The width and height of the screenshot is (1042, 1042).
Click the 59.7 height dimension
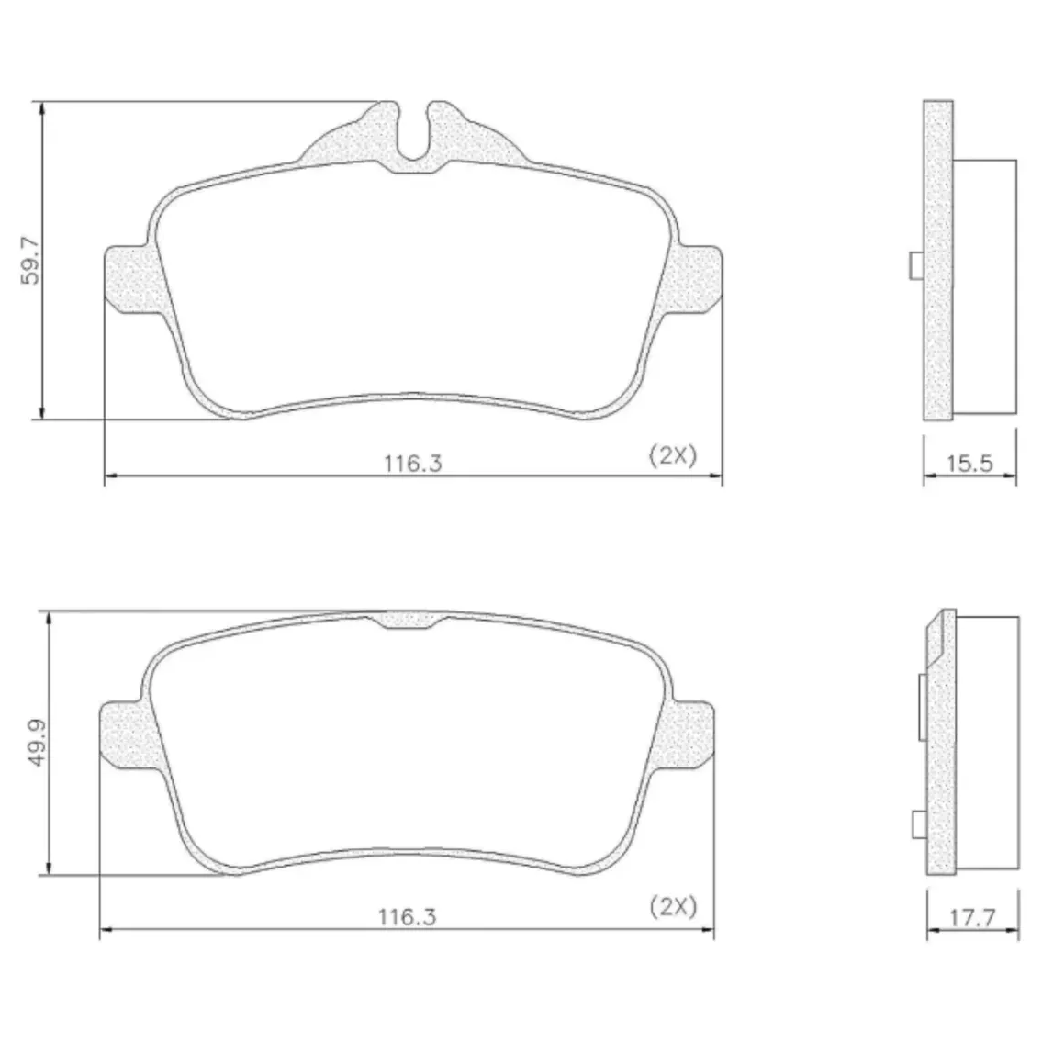[x=30, y=261]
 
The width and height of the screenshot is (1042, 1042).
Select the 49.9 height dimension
[x=38, y=743]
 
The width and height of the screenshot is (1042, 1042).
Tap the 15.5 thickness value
[x=969, y=464]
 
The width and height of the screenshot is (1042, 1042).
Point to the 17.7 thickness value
[x=972, y=918]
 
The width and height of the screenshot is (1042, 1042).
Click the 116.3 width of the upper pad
[x=413, y=464]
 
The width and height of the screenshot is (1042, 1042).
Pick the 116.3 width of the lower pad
[x=408, y=917]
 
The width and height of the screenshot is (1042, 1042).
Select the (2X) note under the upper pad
[x=673, y=455]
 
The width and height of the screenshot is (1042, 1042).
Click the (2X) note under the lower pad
[x=673, y=907]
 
